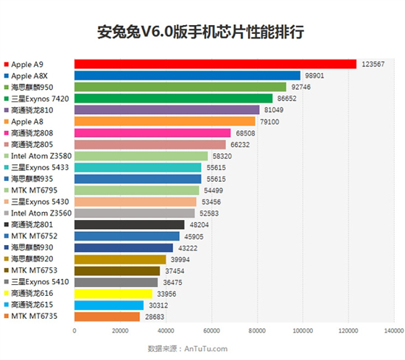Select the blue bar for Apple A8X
[x=187, y=75]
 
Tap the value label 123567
[x=373, y=64]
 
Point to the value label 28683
[x=155, y=317]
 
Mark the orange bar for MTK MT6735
[x=107, y=317]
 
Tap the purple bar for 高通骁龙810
[x=166, y=110]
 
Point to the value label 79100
[x=270, y=121]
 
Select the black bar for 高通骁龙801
[x=129, y=225]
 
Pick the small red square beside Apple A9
[x=6, y=64]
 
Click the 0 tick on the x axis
[x=74, y=331]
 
